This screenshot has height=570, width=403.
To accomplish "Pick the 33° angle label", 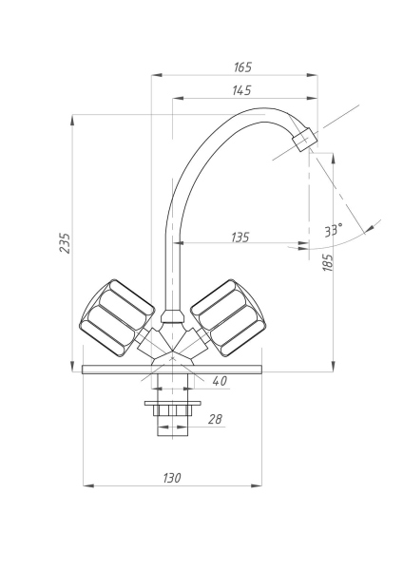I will point(333,230).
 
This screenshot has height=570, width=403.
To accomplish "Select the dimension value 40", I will point(220,382).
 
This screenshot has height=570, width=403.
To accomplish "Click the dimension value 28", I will point(215,419).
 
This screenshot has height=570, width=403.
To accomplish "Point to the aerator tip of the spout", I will point(305,141).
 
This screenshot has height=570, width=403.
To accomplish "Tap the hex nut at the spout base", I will point(172,315).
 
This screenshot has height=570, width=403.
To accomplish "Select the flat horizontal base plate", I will point(172,369).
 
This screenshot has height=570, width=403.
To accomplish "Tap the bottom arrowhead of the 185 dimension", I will point(336,367).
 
